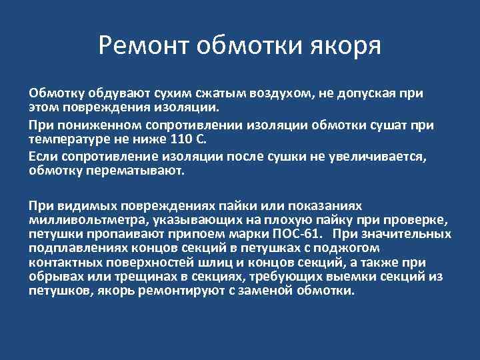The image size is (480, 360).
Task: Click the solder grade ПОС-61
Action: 298,234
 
